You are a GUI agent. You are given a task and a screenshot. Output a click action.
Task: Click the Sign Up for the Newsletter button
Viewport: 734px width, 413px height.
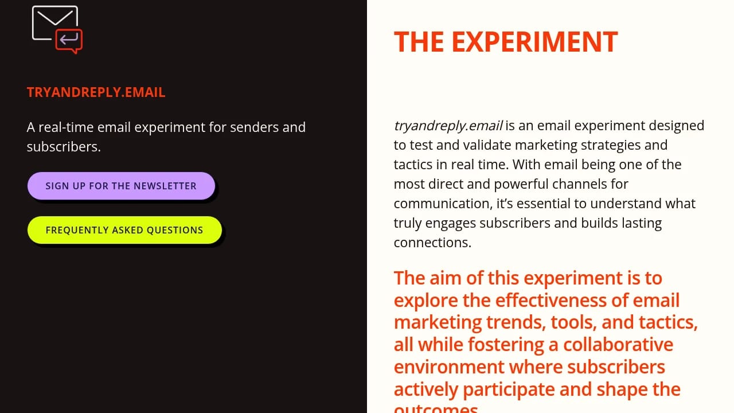[x=121, y=186]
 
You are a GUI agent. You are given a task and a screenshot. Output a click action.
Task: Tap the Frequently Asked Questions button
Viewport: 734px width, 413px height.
[x=124, y=230]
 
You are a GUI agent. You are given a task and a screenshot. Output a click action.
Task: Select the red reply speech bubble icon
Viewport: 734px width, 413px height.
[x=69, y=41]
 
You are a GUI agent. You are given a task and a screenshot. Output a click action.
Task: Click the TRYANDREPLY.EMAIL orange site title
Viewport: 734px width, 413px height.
[x=96, y=92]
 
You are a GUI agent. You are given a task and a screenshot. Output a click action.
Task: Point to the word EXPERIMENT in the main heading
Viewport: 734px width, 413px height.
[x=535, y=42]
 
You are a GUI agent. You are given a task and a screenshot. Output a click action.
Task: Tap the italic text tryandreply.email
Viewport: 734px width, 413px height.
[x=448, y=126]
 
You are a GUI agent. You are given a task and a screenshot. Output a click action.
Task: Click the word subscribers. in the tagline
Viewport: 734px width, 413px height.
[x=64, y=146]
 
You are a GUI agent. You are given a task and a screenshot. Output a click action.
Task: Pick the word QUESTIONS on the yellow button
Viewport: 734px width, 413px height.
[x=175, y=230]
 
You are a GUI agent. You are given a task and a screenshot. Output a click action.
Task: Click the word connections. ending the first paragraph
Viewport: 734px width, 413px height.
[x=432, y=243]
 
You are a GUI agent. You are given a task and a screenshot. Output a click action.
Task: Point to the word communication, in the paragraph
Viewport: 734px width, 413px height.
[x=443, y=204]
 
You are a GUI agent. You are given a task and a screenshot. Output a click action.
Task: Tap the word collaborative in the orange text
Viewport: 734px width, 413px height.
[x=618, y=345]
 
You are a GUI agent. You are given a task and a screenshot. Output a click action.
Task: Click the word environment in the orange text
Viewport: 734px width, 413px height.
[x=449, y=367]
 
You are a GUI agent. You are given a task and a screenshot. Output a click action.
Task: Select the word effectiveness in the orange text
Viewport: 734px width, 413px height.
[x=551, y=300]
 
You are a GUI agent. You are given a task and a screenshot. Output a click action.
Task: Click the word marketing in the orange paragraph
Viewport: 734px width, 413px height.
[x=438, y=323]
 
